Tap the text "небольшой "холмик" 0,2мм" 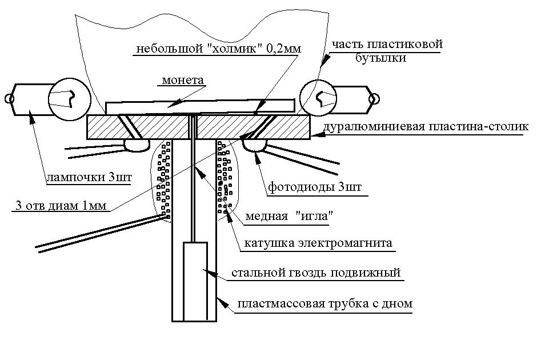[218, 49]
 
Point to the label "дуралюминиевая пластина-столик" [426, 127]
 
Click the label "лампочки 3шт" [89, 178]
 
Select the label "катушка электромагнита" [318, 243]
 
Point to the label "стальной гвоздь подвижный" [315, 273]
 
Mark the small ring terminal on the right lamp [374, 99]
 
